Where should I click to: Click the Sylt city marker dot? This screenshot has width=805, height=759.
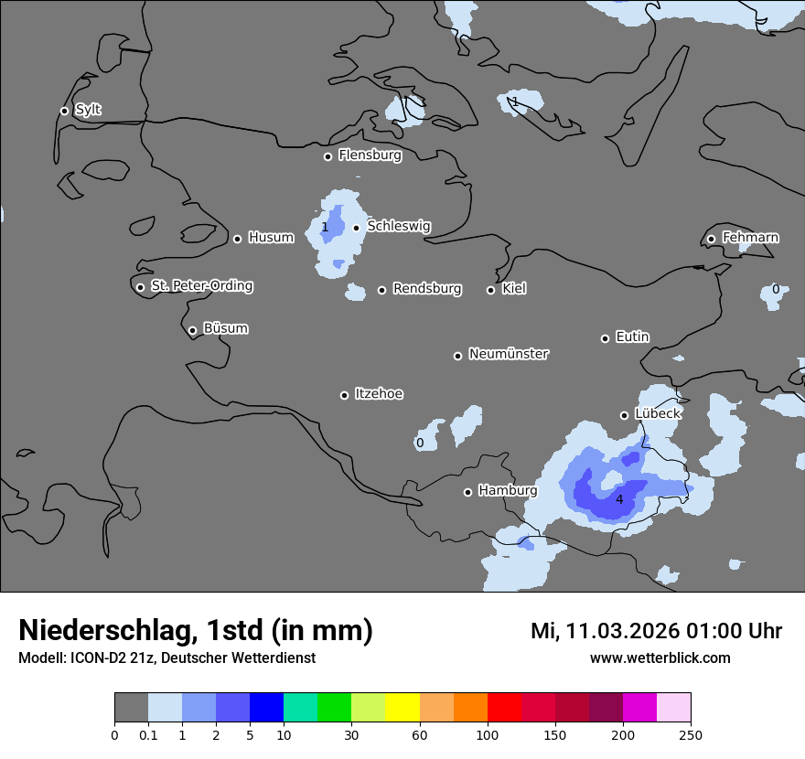click(x=64, y=111)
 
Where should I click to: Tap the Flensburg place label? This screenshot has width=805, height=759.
click(x=370, y=155)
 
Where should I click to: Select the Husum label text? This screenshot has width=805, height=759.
click(x=271, y=238)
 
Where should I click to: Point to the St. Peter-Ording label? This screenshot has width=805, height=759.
click(x=201, y=286)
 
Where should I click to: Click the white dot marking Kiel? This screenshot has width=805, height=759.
click(x=490, y=290)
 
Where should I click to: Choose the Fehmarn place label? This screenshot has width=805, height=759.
click(x=750, y=238)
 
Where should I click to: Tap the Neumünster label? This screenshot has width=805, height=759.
click(x=509, y=354)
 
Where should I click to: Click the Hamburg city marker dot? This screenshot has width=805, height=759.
click(x=467, y=492)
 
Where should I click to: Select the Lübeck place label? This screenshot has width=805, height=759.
click(x=658, y=413)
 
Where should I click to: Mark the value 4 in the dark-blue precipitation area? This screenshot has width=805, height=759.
click(x=619, y=499)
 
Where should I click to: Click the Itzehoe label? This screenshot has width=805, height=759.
click(x=379, y=394)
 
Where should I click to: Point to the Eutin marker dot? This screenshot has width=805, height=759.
click(x=605, y=338)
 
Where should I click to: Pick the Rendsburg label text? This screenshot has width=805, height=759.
click(x=427, y=289)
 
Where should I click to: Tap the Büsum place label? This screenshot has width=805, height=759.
click(x=225, y=328)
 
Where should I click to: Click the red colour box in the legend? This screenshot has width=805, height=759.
click(x=504, y=707)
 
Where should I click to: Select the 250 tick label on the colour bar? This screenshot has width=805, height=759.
click(x=691, y=733)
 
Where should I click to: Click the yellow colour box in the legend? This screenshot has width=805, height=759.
click(x=402, y=707)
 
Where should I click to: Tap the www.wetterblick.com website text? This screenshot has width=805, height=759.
click(x=660, y=657)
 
